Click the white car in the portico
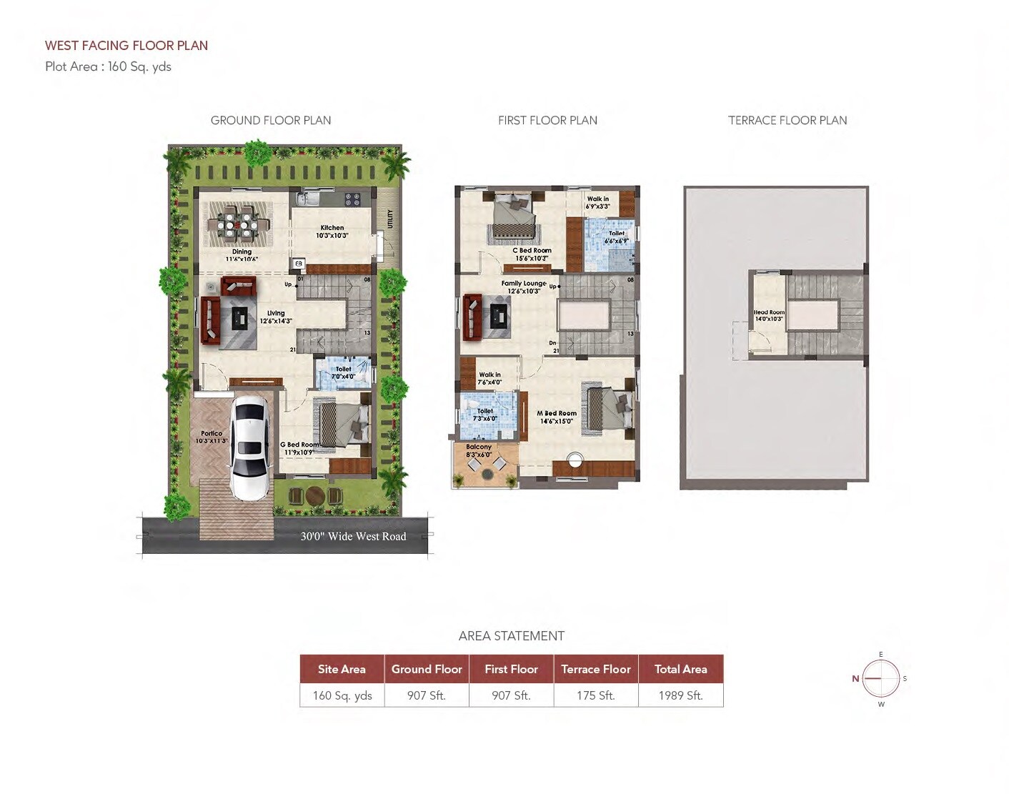click(249, 448)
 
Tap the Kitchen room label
click(332, 231)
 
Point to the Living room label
click(276, 317)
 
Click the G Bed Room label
click(299, 448)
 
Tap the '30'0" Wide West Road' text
click(353, 536)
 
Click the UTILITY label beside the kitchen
click(390, 218)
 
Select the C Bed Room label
click(532, 254)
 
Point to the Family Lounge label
click(524, 287)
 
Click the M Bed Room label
click(557, 417)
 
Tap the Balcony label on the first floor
click(479, 450)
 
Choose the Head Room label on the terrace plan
click(769, 315)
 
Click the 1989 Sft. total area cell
click(680, 695)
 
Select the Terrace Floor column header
click(595, 669)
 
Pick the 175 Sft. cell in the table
click(595, 695)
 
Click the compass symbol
click(880, 679)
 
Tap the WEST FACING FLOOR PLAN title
click(126, 46)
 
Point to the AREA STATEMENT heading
click(512, 636)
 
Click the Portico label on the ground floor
click(212, 437)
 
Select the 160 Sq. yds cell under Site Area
click(342, 695)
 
